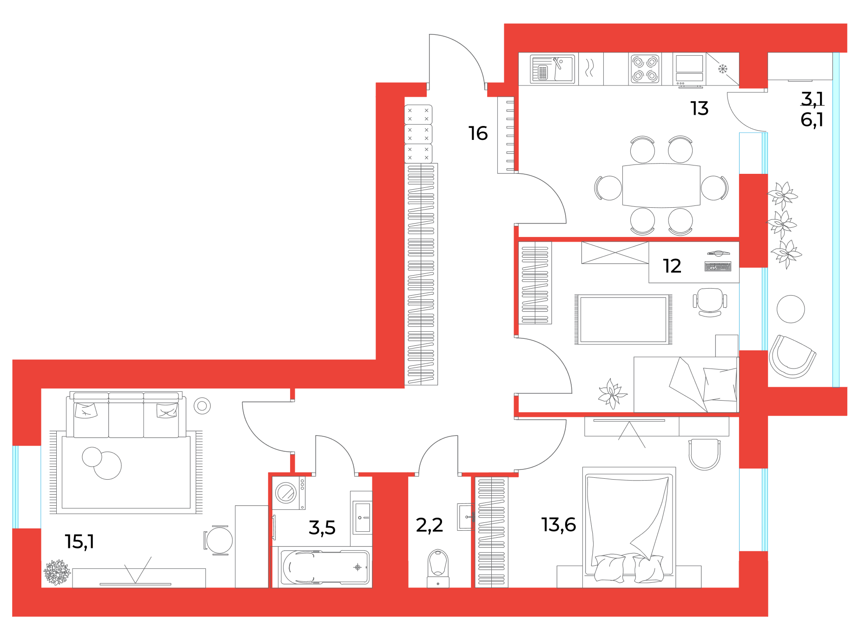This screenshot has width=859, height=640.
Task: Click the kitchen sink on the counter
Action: [x=553, y=69]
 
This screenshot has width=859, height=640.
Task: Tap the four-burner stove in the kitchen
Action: [x=645, y=69]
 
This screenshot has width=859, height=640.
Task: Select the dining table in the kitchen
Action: [x=661, y=185]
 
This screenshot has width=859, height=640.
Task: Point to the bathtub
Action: [x=325, y=567]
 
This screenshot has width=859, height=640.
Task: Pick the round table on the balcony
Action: [x=790, y=309]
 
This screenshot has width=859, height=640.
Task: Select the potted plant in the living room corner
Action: [x=57, y=572]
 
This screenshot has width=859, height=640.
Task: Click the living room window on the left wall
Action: [x=16, y=487]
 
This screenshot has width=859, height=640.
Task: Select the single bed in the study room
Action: [x=686, y=384]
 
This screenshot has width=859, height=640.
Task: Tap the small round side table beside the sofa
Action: [x=202, y=406]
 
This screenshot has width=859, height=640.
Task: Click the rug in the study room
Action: [x=623, y=320]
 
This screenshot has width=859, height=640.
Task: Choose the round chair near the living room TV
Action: [x=219, y=540]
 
